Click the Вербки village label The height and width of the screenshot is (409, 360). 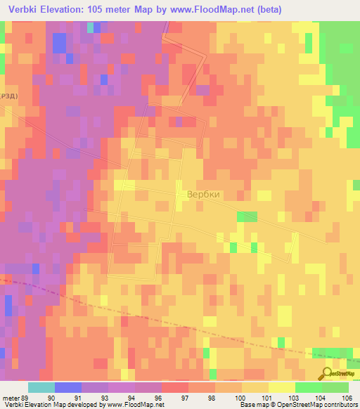click(203, 195)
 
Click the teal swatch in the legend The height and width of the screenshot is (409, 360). click(41, 387)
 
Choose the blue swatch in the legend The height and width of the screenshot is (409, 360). click(68, 387)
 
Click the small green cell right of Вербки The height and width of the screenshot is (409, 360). click(247, 216)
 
